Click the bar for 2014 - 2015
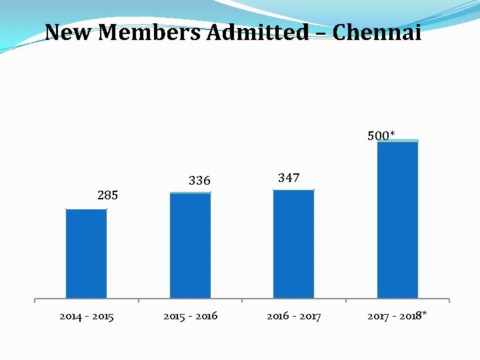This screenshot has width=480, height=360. [x=86, y=253]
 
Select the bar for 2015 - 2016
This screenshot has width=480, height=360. [x=190, y=245]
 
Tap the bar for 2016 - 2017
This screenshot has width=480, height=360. [x=293, y=244]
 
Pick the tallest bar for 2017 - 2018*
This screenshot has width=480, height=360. [x=397, y=219]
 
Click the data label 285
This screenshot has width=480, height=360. [x=107, y=195]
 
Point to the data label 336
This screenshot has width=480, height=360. [x=199, y=181]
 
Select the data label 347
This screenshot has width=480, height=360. [x=289, y=178]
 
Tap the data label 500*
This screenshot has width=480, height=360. [x=381, y=136]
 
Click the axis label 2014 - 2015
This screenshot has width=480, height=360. [x=86, y=316]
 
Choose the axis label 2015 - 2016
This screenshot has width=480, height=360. [x=190, y=316]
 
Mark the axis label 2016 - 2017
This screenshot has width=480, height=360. [x=293, y=316]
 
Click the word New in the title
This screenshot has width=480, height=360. [x=69, y=32]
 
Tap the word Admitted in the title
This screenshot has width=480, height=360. [x=258, y=32]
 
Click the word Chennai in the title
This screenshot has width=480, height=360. [x=377, y=32]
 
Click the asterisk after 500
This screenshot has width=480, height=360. [x=393, y=134]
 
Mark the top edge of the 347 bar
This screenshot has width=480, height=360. [x=293, y=191]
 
